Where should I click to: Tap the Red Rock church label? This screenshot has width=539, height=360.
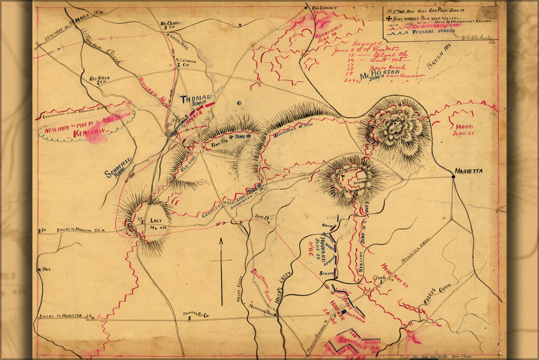98,80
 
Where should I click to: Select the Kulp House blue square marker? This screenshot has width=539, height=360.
344,312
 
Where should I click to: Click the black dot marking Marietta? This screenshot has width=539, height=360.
453,176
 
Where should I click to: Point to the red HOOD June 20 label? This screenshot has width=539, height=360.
462,129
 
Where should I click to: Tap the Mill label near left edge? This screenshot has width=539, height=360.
46,269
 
